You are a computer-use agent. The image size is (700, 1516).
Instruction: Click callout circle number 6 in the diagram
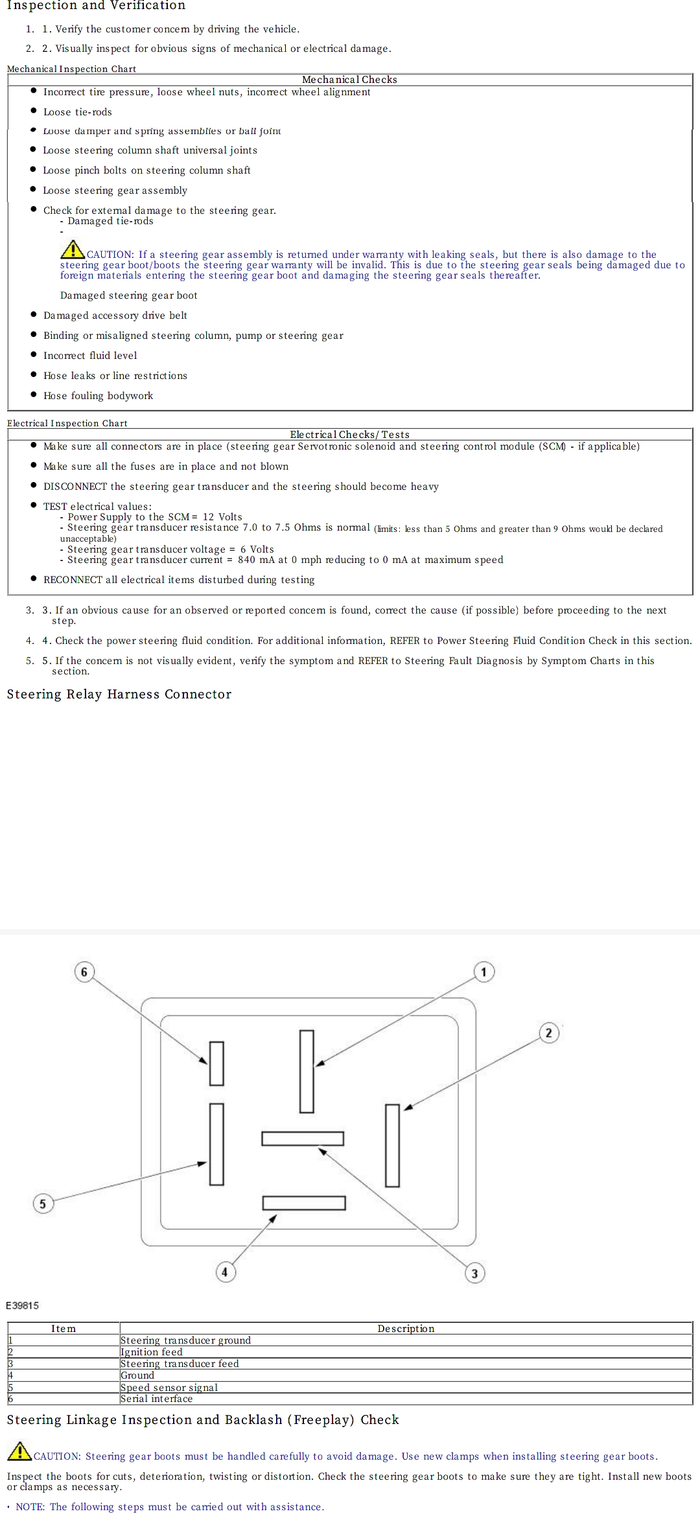pos(84,972)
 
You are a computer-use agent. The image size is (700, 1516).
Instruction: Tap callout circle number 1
pos(484,972)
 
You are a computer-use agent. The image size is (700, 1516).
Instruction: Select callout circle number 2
pos(549,1033)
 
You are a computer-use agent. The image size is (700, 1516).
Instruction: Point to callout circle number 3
pos(474,1273)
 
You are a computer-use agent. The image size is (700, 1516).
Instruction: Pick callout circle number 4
pos(225,1272)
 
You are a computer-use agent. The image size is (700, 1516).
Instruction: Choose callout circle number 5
pos(43,1204)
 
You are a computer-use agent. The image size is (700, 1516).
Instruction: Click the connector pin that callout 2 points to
pos(392,1145)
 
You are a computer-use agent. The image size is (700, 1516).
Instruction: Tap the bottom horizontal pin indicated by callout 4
pos(303,1202)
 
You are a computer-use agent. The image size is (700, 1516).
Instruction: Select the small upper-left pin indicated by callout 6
pos(216,1063)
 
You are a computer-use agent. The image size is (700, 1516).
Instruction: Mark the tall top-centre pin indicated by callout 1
pos(307,1071)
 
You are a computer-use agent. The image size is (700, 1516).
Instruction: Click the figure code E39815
pos(23,1305)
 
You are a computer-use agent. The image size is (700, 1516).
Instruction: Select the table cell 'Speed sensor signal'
pos(169,1387)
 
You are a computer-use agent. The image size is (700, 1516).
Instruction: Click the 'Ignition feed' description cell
pos(152,1352)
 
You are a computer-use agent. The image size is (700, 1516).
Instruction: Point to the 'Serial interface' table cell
pos(157,1399)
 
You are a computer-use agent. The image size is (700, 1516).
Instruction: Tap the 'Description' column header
pos(406,1329)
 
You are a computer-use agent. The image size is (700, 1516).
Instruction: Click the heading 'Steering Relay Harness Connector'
pos(119,695)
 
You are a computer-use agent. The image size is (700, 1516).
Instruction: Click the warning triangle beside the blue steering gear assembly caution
pos(73,249)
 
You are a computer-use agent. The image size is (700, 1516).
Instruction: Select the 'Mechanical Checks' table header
pos(349,80)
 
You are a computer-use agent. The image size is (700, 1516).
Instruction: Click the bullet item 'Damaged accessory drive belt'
pos(115,316)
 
